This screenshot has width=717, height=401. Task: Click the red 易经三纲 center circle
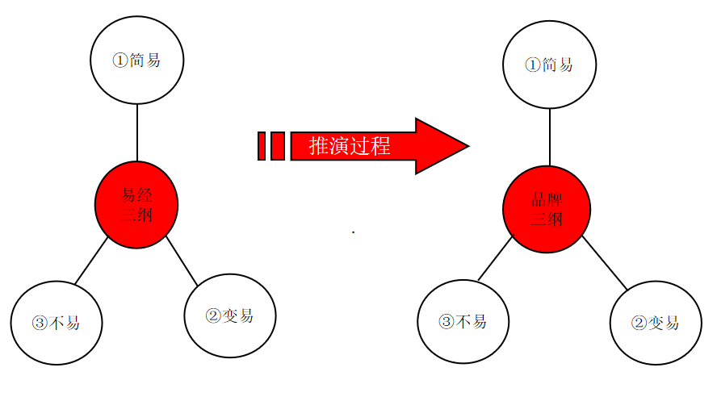point(136,205)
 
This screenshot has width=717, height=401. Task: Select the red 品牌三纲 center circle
point(547,209)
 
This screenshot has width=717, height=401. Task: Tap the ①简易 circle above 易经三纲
point(137,61)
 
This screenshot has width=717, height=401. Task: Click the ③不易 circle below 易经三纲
point(57,323)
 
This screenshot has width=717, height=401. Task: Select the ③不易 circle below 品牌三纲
point(463,321)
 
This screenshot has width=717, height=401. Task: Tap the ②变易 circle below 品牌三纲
point(656,323)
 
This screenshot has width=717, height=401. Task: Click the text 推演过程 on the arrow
point(350,146)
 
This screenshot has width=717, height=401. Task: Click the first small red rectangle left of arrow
point(262,146)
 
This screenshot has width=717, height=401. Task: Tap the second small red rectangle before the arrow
point(277,146)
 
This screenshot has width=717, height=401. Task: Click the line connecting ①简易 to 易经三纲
point(137,132)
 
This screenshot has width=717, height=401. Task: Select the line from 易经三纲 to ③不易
point(92,261)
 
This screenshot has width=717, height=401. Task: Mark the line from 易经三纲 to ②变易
point(182,263)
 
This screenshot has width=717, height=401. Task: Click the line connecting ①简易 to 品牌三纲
point(550,136)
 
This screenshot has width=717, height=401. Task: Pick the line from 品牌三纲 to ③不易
point(496,259)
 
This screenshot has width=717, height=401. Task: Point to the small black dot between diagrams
point(354,232)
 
